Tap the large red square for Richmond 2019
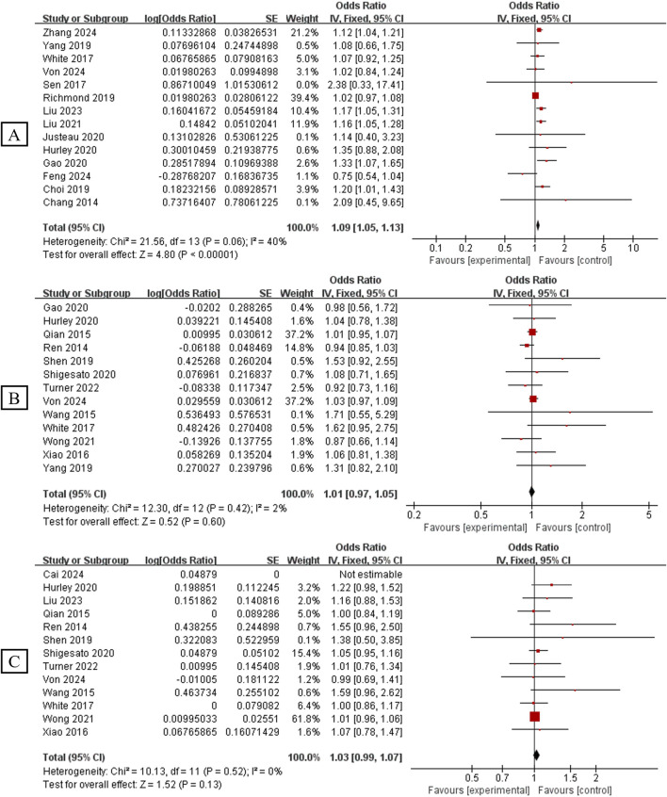point(535,95)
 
